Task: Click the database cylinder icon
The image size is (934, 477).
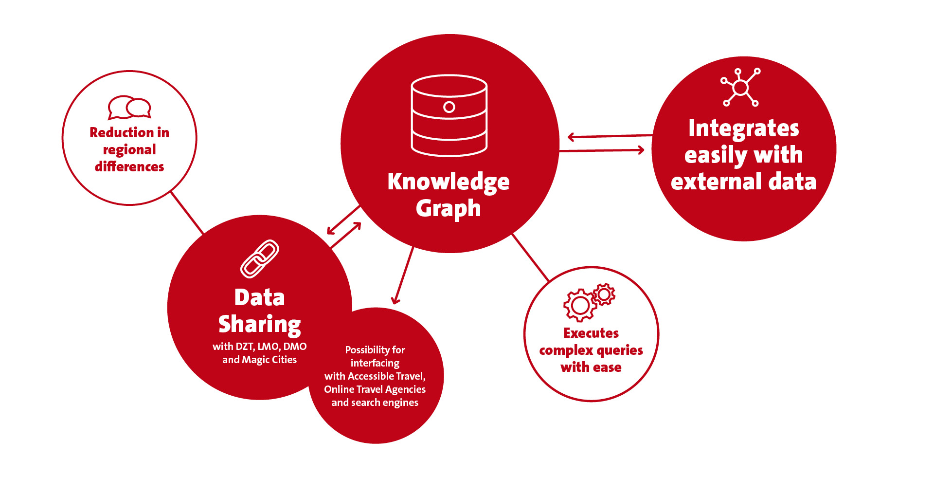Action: (x=449, y=115)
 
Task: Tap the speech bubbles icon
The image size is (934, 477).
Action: (x=129, y=108)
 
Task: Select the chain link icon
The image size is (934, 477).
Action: (x=260, y=259)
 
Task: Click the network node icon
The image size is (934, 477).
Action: (x=740, y=87)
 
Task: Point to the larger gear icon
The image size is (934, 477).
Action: (x=580, y=305)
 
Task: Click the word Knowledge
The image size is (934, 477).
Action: (x=449, y=182)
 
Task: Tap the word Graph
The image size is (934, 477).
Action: (x=449, y=208)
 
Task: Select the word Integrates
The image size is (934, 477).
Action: (x=743, y=129)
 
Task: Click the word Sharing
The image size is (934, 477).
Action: (x=260, y=325)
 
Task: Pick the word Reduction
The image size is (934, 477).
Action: (x=122, y=132)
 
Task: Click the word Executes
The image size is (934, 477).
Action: (x=591, y=333)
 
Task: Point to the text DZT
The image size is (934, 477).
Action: (x=245, y=347)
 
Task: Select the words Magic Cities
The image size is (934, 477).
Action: (x=269, y=360)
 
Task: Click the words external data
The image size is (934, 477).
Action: (x=743, y=182)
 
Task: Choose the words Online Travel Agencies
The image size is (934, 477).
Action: (x=375, y=389)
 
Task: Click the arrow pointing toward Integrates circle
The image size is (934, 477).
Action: (x=602, y=150)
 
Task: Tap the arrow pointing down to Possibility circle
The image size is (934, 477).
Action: (x=403, y=275)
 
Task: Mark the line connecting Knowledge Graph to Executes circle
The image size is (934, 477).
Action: (x=531, y=257)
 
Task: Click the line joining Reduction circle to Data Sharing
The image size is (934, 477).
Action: (x=187, y=213)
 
